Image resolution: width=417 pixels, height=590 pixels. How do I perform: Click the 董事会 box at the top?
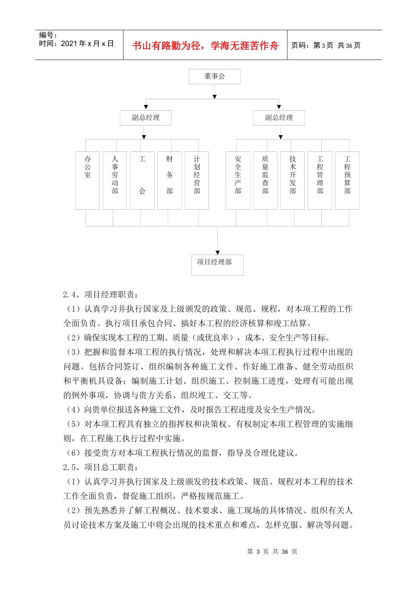point(214,76)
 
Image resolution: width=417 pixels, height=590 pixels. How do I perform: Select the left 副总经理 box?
point(146,118)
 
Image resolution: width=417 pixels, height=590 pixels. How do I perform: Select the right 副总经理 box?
point(279,118)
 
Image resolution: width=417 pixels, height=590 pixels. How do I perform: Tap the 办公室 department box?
point(87,180)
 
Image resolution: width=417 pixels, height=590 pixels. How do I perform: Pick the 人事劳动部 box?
point(115,180)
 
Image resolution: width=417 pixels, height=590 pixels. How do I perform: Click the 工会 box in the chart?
point(142,180)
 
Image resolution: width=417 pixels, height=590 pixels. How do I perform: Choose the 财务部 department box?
point(169,180)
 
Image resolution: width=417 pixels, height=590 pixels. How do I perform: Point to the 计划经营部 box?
point(197,180)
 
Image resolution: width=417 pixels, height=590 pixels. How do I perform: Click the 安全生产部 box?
point(238,180)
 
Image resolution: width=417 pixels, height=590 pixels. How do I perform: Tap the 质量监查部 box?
point(265,180)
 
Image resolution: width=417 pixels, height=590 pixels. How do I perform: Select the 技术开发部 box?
point(292,180)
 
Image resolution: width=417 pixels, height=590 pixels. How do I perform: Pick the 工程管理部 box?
point(320,180)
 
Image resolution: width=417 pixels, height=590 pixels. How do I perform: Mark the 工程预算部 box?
point(347,180)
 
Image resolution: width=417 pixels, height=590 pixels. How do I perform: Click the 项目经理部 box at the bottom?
point(217,265)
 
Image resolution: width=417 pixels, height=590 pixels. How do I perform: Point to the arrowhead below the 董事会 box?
point(214,97)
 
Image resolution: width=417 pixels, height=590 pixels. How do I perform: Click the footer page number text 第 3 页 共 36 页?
point(272,551)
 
